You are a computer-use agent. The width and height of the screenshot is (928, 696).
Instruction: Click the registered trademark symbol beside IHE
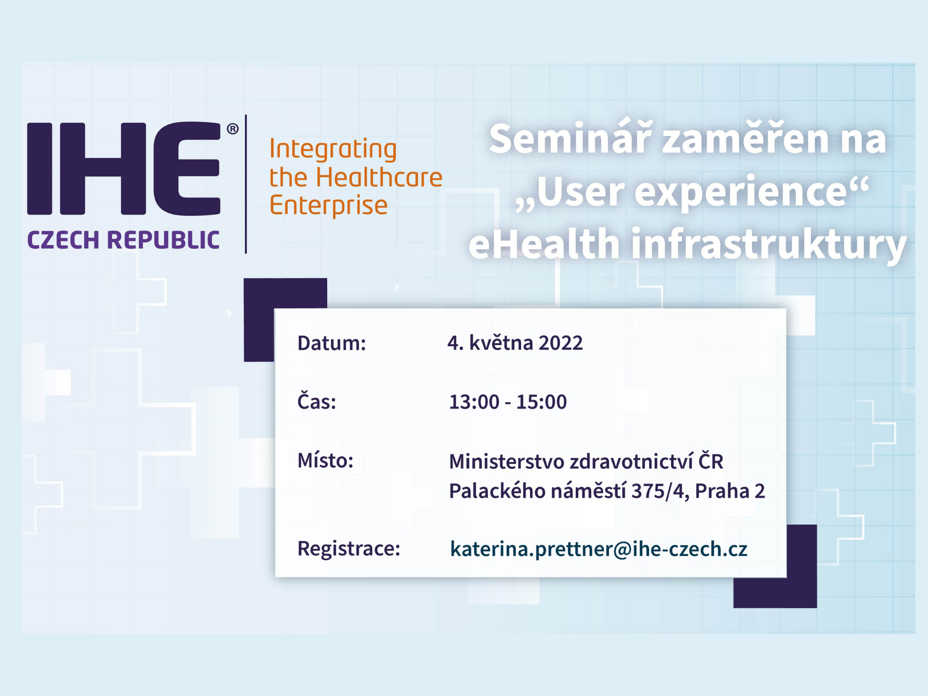coord(232,129)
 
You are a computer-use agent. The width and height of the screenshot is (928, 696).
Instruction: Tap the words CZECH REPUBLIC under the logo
coord(123,240)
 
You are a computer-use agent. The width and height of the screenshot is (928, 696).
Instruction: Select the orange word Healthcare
coord(379,177)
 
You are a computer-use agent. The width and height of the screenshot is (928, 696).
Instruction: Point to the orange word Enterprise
coord(328,206)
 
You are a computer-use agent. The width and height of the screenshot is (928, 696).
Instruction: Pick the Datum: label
coord(332,343)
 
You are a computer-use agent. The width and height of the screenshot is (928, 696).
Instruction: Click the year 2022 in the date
coord(561,343)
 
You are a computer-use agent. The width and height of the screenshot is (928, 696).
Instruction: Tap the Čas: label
coord(316,401)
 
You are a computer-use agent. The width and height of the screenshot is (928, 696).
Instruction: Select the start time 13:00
coord(474,402)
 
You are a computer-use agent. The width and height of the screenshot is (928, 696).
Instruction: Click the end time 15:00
coord(541,402)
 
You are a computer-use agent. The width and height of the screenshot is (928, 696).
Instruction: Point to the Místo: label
coord(325,460)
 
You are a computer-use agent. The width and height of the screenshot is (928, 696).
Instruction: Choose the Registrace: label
coord(349,549)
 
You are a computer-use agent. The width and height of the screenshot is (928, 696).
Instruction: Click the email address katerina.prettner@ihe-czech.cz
coord(599,549)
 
